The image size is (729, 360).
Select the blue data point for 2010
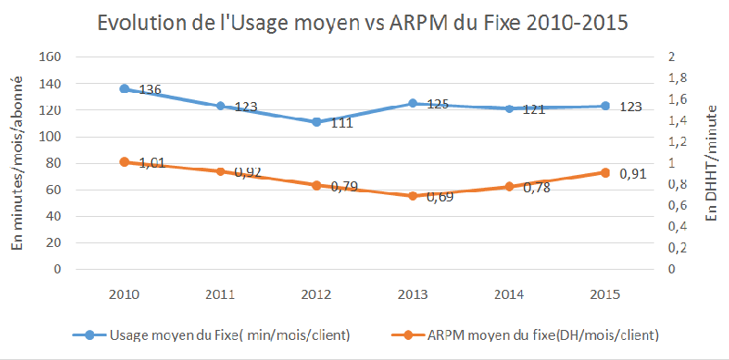point(124,88)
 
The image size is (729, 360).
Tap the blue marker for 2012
point(316,121)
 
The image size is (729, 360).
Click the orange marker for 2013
point(413,196)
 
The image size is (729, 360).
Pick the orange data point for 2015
point(605,172)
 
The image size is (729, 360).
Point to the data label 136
point(149,90)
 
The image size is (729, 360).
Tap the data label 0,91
point(632,172)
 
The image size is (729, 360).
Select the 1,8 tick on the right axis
point(677,77)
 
